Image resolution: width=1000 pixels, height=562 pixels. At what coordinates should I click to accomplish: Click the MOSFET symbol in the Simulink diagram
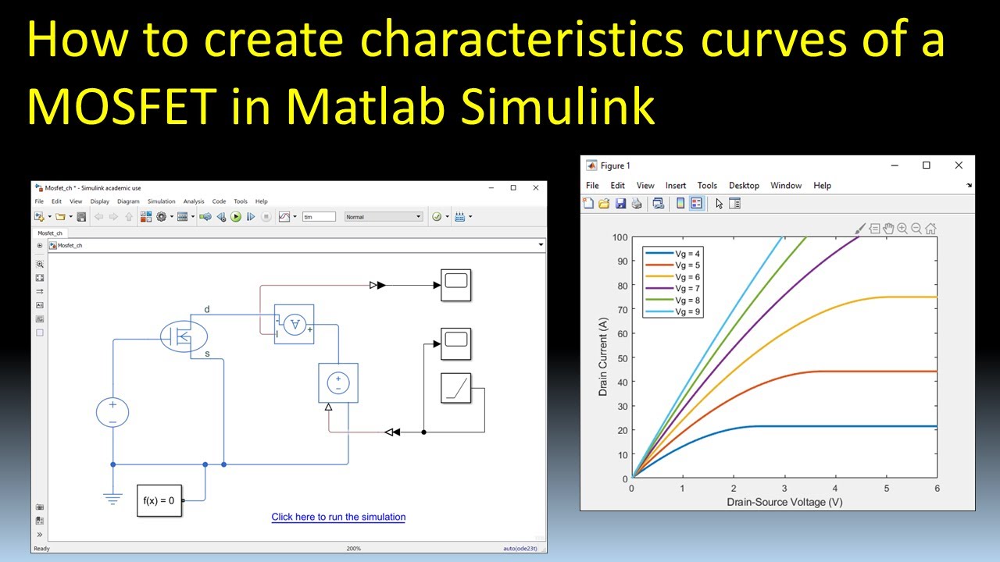tap(184, 336)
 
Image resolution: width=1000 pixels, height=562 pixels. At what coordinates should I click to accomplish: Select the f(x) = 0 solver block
tap(159, 500)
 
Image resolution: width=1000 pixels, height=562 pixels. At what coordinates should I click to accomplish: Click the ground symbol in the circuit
tap(113, 496)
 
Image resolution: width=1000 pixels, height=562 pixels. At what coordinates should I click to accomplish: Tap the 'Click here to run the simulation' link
tap(338, 517)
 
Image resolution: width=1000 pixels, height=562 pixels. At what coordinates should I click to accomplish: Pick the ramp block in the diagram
tap(455, 388)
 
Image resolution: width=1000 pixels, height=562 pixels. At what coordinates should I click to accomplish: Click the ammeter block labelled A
tap(295, 324)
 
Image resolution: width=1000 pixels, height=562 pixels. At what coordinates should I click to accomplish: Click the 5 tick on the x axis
tap(886, 489)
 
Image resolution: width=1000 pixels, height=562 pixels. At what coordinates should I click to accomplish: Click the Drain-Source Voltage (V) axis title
tap(784, 502)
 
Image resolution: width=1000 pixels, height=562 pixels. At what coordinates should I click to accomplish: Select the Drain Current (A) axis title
tap(603, 357)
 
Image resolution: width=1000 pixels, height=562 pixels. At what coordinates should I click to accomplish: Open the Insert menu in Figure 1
tap(676, 186)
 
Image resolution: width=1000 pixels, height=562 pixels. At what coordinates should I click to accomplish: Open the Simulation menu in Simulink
tap(162, 201)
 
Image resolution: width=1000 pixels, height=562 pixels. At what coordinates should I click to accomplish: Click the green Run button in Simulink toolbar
tap(236, 217)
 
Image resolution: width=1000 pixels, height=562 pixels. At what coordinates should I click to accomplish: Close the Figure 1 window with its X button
tap(959, 165)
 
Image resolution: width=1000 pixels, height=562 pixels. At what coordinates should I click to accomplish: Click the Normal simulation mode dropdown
tap(384, 217)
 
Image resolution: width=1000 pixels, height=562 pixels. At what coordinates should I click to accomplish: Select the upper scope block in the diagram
tap(455, 285)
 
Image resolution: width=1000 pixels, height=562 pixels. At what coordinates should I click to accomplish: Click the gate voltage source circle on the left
tap(112, 412)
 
